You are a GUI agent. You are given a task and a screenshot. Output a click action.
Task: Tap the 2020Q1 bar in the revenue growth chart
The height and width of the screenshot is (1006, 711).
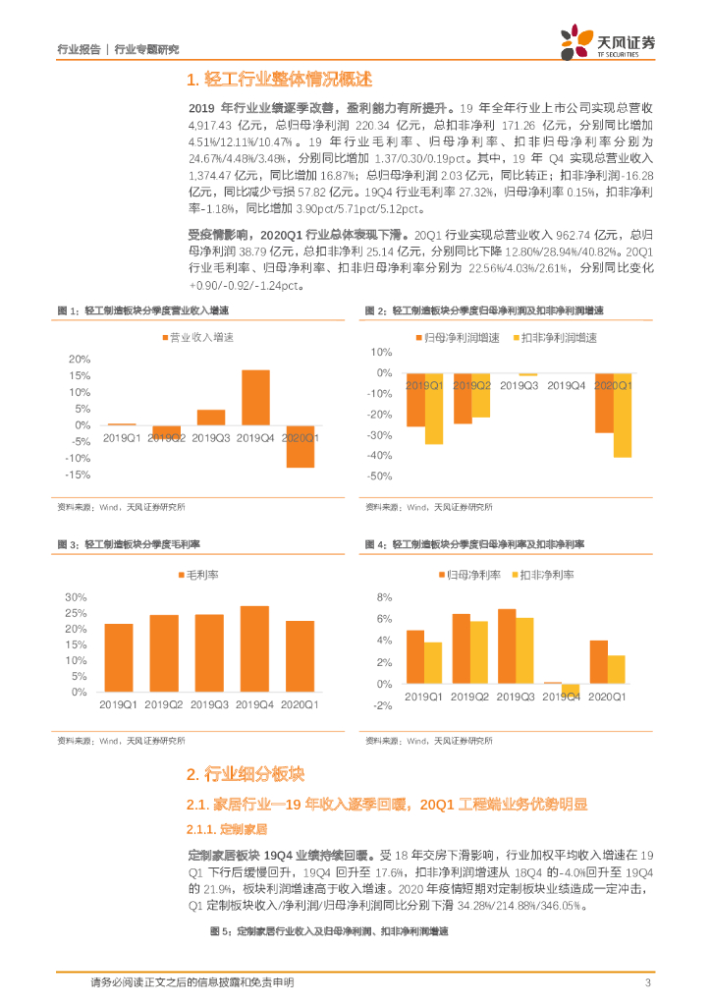[301, 446]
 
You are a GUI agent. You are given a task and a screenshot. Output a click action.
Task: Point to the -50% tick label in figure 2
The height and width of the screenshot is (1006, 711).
[377, 476]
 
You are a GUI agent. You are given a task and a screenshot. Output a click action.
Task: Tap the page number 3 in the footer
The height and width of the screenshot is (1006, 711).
[647, 983]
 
